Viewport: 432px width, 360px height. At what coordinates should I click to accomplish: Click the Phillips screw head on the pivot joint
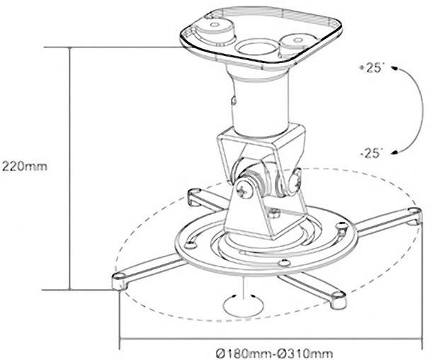[244, 189]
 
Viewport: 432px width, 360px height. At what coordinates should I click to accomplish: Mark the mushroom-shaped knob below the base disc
[243, 304]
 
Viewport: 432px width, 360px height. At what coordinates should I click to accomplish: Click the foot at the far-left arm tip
[119, 279]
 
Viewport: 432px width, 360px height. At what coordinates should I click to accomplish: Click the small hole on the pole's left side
[232, 101]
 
